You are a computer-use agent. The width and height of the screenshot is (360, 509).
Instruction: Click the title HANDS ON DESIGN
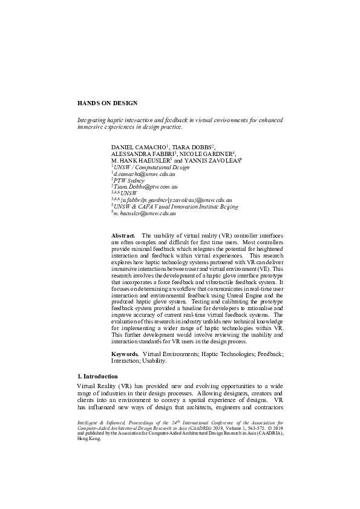pyautogui.click(x=107, y=103)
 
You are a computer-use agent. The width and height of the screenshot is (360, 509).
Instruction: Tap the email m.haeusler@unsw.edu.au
pyautogui.click(x=145, y=213)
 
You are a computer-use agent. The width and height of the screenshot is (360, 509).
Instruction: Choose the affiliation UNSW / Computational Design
pyautogui.click(x=151, y=167)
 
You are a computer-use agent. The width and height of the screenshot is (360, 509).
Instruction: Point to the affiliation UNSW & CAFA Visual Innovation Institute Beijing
pyautogui.click(x=176, y=206)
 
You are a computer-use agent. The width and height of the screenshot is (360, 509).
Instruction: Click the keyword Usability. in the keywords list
pyautogui.click(x=155, y=360)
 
